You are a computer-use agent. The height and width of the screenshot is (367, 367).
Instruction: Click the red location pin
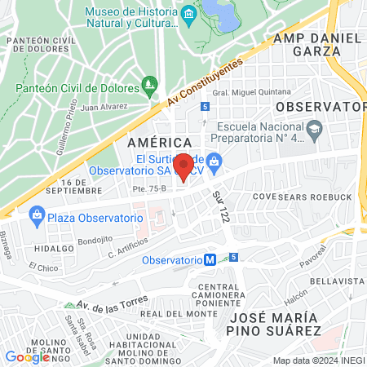tap(184, 166)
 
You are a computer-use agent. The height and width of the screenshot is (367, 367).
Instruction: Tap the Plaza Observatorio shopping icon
tap(36, 216)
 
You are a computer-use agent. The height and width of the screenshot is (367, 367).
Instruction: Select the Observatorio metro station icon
tap(210, 259)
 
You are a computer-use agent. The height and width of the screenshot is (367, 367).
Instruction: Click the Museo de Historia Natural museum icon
tap(189, 13)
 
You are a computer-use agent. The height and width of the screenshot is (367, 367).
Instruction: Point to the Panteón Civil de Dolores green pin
tap(148, 84)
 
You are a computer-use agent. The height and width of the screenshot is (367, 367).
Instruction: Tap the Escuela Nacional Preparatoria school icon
tap(315, 128)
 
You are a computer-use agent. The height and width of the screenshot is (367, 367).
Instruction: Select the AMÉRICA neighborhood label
tap(153, 142)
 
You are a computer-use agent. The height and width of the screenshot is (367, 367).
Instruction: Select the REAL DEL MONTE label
tap(172, 313)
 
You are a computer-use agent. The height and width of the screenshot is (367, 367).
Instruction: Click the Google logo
tap(27, 357)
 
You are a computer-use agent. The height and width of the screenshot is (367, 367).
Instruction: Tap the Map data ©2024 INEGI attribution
tap(318, 360)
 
